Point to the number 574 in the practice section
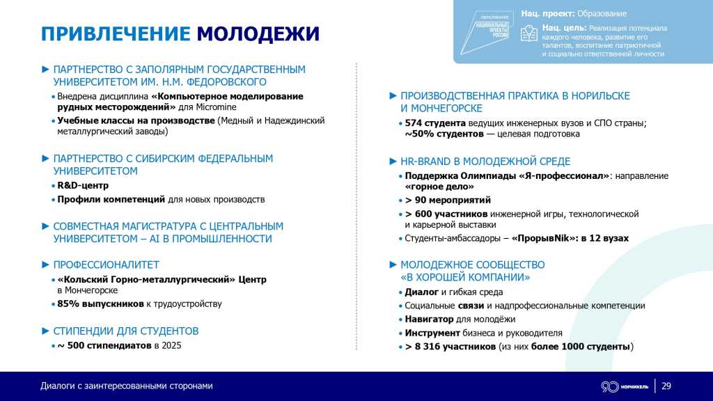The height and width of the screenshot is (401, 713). (415, 123)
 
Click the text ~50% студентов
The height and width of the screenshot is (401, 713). (440, 134)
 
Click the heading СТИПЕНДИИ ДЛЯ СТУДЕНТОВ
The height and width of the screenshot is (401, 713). (125, 331)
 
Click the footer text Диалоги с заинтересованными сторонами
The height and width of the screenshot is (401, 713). (126, 386)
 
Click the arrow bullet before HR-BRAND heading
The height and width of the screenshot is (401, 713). (393, 162)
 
